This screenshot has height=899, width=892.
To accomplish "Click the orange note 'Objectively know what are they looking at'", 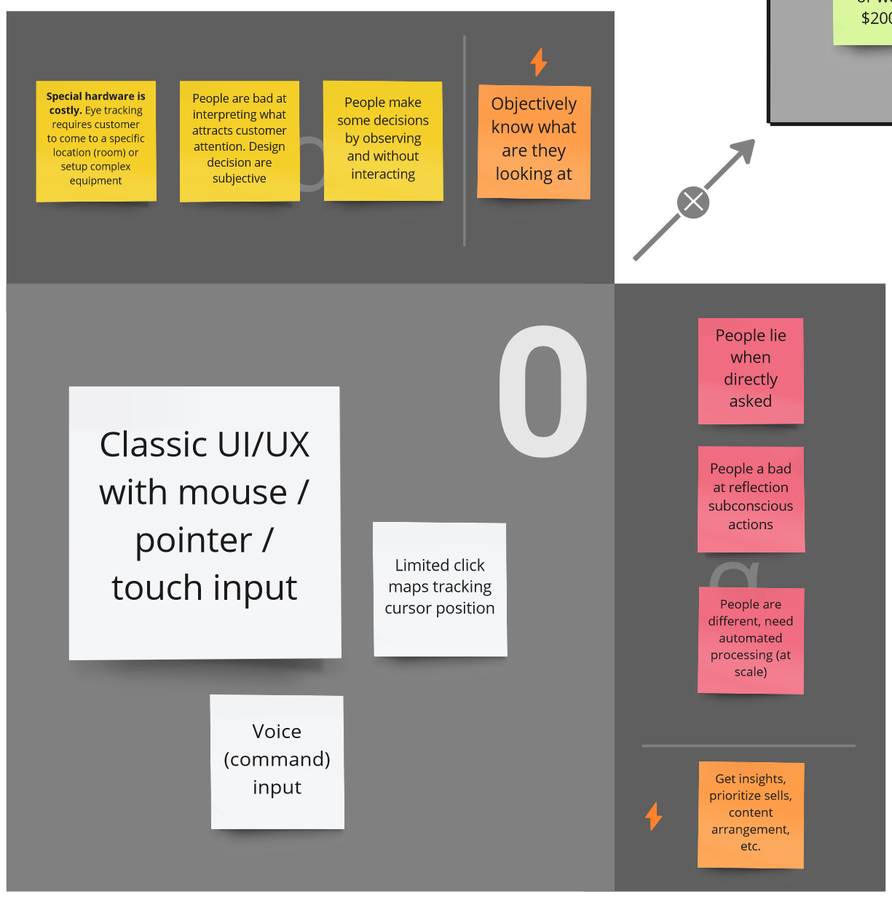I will pyautogui.click(x=534, y=141).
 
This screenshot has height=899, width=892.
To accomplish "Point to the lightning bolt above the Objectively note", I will pyautogui.click(x=539, y=62).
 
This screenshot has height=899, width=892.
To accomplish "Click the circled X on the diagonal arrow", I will pyautogui.click(x=693, y=202).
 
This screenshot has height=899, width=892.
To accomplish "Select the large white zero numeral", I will pyautogui.click(x=543, y=391).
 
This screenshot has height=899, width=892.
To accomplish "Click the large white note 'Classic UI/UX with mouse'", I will pyautogui.click(x=205, y=522).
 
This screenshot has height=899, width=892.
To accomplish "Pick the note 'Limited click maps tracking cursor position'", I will pyautogui.click(x=440, y=589).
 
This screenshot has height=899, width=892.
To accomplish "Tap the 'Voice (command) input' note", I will pyautogui.click(x=277, y=761).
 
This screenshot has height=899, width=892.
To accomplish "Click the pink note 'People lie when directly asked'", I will pyautogui.click(x=751, y=371).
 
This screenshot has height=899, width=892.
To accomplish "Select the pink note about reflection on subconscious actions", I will pyautogui.click(x=751, y=499).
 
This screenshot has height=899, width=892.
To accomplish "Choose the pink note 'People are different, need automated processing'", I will pyautogui.click(x=751, y=640).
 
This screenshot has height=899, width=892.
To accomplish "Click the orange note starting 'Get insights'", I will pyautogui.click(x=751, y=815).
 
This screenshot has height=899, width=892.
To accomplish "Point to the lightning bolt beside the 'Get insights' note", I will pyautogui.click(x=654, y=816).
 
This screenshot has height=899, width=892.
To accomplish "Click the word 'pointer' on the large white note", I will pyautogui.click(x=194, y=540).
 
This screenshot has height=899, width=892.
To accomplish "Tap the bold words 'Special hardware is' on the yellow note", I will pyautogui.click(x=95, y=96).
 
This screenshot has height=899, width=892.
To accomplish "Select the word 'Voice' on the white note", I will pyautogui.click(x=277, y=731).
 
